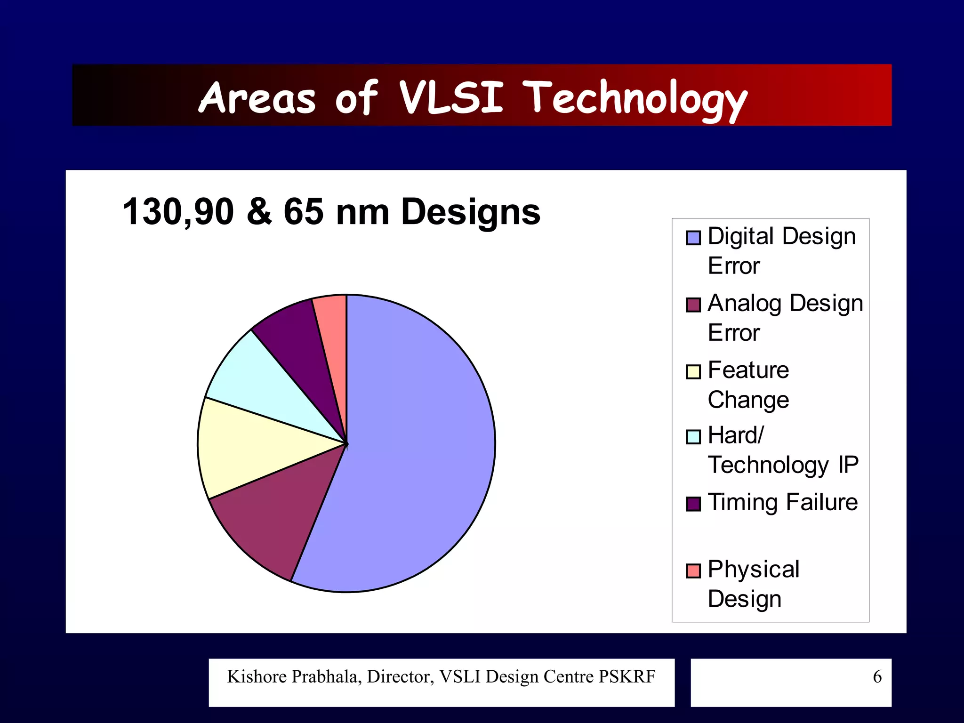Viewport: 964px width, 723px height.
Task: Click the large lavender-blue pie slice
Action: tap(414, 442)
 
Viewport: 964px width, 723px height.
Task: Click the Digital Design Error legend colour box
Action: tap(693, 238)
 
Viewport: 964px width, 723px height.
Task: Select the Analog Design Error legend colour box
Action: tap(693, 305)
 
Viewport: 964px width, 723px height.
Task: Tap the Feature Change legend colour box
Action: tap(693, 371)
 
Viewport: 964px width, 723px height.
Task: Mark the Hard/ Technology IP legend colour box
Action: tap(693, 437)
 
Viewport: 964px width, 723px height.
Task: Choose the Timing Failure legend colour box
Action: tap(693, 504)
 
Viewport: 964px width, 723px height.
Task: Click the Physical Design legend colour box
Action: tap(693, 570)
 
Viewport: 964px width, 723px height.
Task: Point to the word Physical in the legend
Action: tap(753, 570)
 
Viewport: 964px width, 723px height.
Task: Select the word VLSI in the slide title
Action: tap(451, 97)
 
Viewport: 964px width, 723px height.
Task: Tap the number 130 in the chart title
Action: tap(152, 212)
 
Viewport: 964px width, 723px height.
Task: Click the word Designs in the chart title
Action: tap(471, 212)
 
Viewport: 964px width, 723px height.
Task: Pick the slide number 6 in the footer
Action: tap(877, 676)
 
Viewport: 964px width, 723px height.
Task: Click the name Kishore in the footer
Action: tap(257, 676)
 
